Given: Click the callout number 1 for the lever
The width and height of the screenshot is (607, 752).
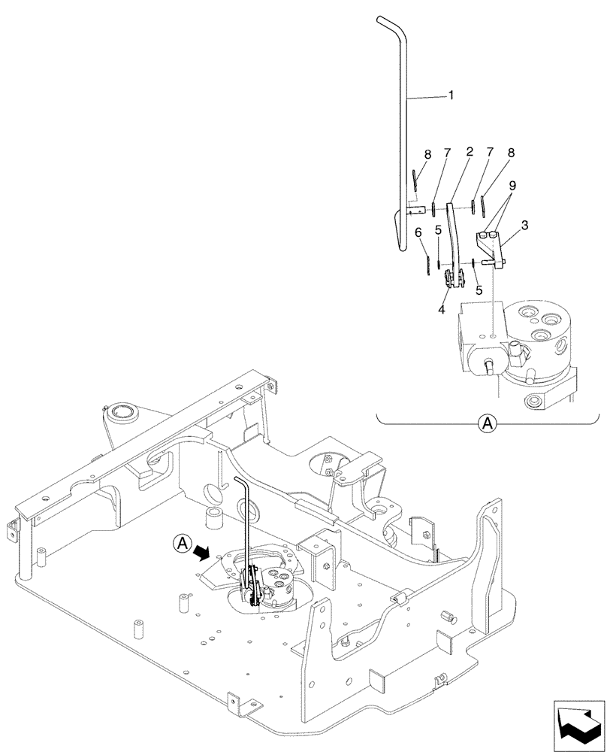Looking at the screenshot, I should click(450, 96).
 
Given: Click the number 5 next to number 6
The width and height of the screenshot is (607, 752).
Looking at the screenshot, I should click(438, 230).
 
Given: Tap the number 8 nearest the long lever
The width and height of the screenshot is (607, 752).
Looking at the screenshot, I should click(427, 155).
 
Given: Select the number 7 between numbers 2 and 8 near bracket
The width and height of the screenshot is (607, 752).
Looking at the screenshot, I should click(490, 153).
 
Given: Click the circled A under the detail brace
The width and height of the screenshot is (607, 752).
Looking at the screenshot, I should click(487, 425).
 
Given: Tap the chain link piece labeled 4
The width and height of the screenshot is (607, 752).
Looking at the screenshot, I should click(451, 280).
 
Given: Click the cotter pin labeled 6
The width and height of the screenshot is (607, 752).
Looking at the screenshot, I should click(427, 265).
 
